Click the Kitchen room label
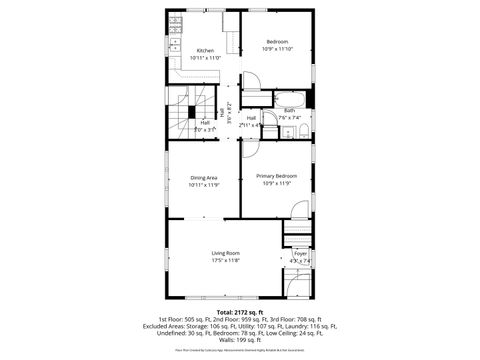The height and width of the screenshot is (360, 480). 205,51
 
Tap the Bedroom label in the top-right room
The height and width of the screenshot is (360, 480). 277,41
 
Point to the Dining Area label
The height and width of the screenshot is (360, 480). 204,178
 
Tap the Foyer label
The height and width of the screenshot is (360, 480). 300,254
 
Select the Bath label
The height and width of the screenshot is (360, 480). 289,110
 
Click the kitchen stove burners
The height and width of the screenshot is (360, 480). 175,21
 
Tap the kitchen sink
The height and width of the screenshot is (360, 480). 175,44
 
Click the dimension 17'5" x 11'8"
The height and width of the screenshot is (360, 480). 225,261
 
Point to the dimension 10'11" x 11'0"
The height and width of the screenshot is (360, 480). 205,58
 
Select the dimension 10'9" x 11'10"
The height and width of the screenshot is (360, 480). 277,49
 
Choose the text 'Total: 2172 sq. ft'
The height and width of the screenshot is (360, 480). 239,312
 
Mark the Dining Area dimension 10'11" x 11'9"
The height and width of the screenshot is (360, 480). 204,185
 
